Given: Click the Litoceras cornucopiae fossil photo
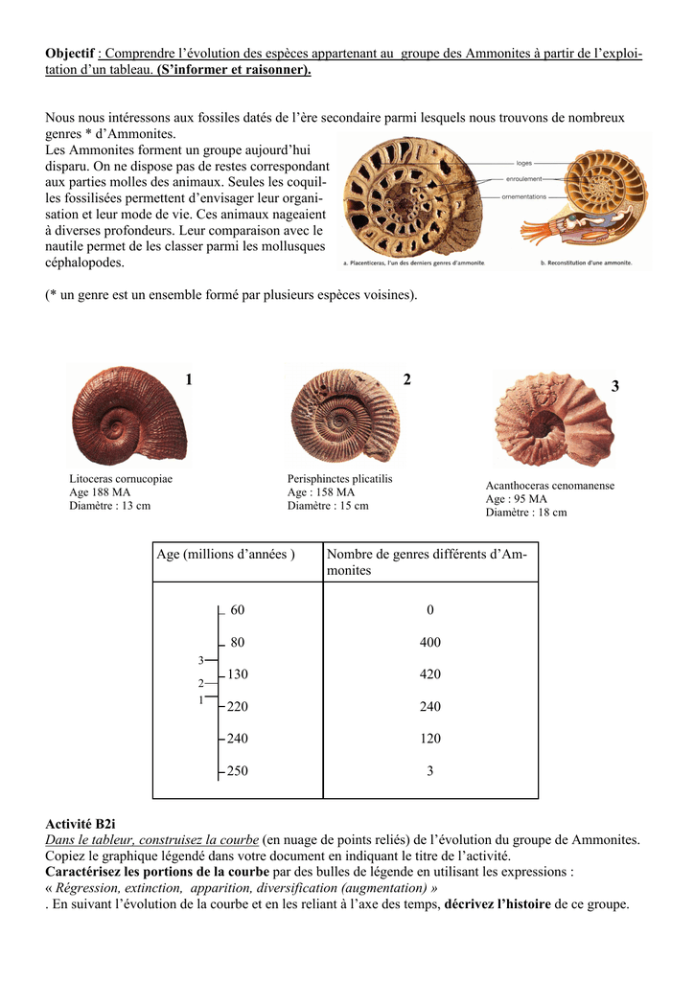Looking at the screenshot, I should click(x=128, y=415).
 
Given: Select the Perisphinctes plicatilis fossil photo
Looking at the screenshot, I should click(x=344, y=415).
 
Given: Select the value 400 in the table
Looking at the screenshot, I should click(x=430, y=643).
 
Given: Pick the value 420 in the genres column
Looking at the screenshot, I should click(x=430, y=674).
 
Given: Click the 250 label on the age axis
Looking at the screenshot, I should click(x=237, y=771).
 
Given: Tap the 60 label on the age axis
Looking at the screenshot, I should click(x=238, y=610).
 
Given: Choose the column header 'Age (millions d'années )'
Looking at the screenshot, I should click(x=225, y=555).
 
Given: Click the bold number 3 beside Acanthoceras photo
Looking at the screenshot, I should click(x=615, y=386).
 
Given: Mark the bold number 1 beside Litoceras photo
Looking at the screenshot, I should click(x=189, y=380).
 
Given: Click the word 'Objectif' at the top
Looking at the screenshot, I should click(x=70, y=53).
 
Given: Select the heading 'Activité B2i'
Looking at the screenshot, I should click(x=81, y=823).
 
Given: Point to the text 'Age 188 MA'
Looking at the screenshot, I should click(x=100, y=492).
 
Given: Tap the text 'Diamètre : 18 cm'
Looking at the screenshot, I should click(x=525, y=513).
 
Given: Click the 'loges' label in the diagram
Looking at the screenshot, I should click(x=523, y=163).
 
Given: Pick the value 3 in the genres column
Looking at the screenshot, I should click(x=430, y=771).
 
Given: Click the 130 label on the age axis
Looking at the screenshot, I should click(x=237, y=674).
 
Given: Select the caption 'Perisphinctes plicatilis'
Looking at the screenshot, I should click(x=339, y=479).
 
